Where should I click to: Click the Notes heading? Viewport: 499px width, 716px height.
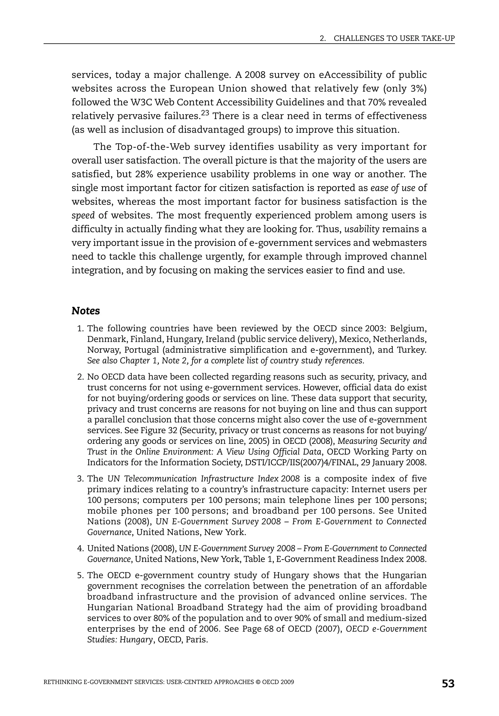(86, 311)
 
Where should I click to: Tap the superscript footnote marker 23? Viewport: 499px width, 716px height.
(205, 113)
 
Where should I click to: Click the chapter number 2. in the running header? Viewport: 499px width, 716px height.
(323, 38)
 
